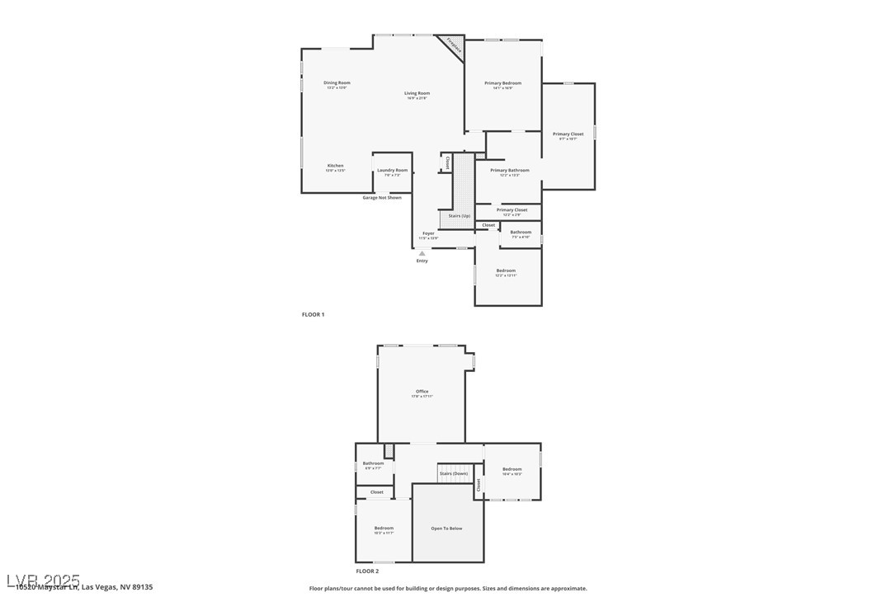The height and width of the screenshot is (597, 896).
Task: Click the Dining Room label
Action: coord(337,82)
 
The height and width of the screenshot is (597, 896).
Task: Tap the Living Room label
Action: coord(417,93)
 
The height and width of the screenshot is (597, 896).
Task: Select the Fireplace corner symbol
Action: coord(454,46)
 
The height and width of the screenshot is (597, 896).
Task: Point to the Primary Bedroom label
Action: coord(502,83)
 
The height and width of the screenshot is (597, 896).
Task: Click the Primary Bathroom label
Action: coord(509,171)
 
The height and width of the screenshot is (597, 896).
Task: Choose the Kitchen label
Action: coord(335,166)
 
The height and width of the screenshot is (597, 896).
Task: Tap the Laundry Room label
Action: coord(392,171)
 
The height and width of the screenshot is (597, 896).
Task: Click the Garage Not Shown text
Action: coord(382,198)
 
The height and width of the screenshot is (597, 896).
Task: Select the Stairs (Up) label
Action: coord(459,216)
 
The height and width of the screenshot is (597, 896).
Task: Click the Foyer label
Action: coord(428,233)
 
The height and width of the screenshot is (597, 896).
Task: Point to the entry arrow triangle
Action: coord(422,253)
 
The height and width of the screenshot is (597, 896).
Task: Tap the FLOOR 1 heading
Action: coord(313,315)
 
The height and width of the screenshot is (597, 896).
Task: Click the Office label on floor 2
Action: coord(422,392)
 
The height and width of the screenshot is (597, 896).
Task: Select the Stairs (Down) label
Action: coord(453,474)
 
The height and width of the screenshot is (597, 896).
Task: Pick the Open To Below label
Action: coord(446,529)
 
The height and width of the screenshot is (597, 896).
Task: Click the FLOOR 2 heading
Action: coord(367,571)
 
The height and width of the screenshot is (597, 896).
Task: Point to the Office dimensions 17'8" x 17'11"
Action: coord(422,397)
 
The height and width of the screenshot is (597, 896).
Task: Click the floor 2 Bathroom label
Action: coord(373,463)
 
